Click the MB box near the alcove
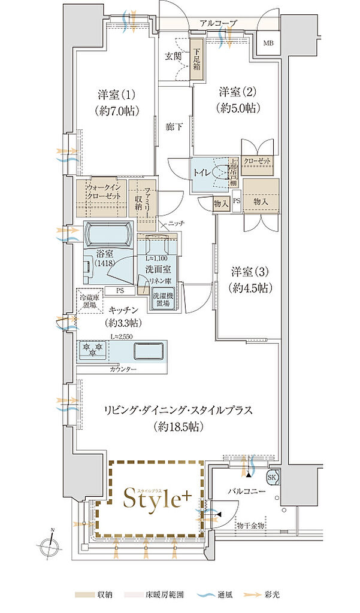tap(267, 43)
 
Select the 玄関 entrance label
tap(174, 57)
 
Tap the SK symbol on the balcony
tap(272, 477)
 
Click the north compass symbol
tap(50, 546)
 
